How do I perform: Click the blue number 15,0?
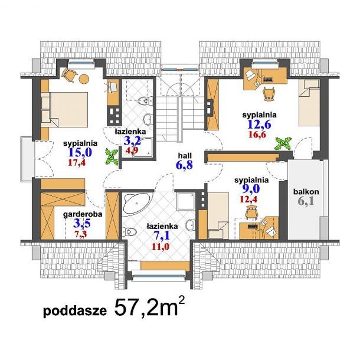[x=80, y=152]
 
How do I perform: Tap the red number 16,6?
[x=257, y=135]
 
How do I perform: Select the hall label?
[x=185, y=156]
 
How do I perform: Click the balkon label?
[x=306, y=191]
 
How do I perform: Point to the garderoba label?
[x=83, y=214]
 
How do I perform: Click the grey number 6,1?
[x=306, y=201]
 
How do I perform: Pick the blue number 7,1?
[x=162, y=236]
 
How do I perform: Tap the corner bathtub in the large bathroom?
[x=136, y=202]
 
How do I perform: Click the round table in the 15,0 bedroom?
[x=84, y=79]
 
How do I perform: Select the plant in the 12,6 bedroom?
[x=283, y=143]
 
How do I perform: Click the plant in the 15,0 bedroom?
[x=112, y=156]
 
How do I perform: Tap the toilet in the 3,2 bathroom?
[x=146, y=100]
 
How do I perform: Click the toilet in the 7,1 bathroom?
[x=129, y=231]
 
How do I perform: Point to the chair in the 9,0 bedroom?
[x=251, y=211]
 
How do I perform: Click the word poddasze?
[x=75, y=311]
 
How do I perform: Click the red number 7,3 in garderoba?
[x=80, y=234]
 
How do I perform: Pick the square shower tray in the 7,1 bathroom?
[x=186, y=201]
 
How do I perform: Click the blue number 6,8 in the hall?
[x=184, y=165]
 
